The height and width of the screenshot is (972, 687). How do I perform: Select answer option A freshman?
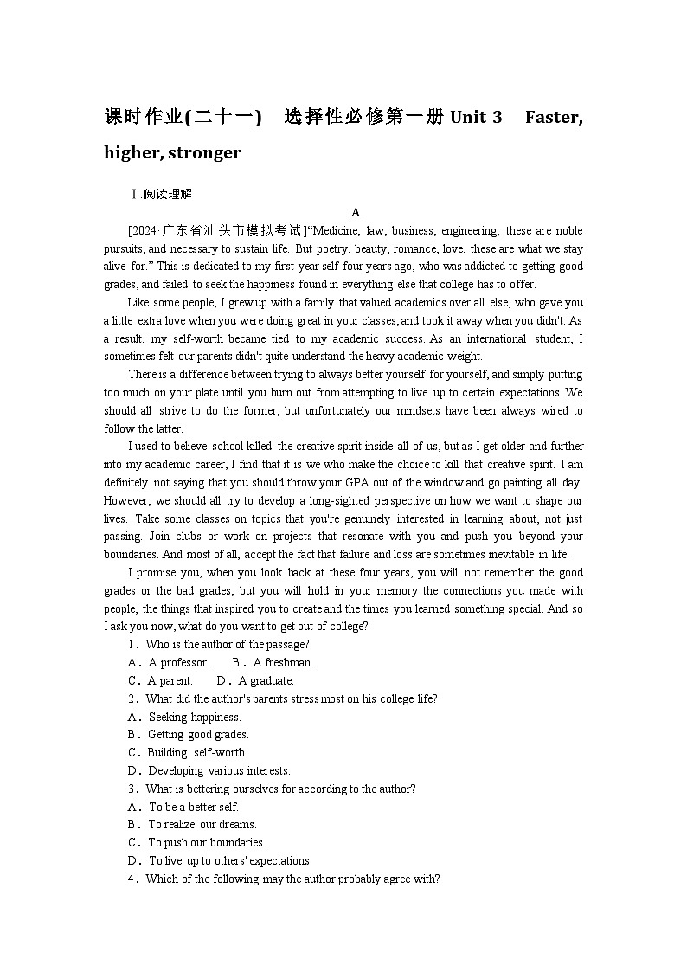pos(282,663)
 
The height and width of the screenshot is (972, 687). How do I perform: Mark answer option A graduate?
pos(266,681)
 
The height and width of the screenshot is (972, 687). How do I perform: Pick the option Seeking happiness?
pos(195,717)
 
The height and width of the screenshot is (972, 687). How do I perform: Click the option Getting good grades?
pos(198,735)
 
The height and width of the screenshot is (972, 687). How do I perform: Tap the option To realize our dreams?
pos(202,825)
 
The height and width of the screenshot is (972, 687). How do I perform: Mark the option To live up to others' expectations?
pos(230,861)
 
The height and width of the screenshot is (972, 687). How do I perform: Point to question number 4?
pos(133,879)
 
